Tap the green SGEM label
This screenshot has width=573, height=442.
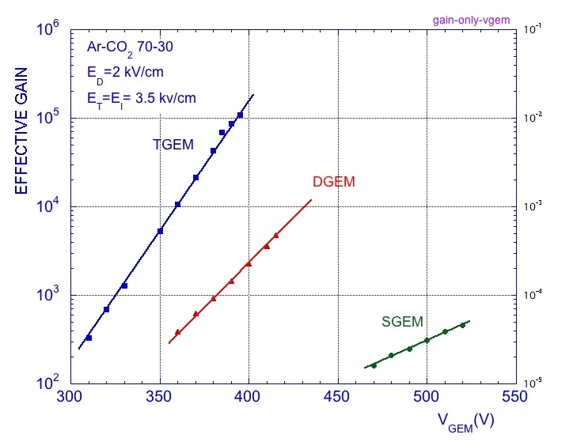click(402, 322)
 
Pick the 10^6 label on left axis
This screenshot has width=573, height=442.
click(49, 30)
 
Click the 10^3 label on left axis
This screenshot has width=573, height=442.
click(49, 296)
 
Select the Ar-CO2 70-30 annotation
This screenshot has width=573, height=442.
click(130, 47)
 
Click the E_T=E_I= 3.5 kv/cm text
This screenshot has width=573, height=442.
click(142, 99)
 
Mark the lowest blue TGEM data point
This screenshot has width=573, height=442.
click(89, 338)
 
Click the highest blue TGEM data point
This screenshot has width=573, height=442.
click(240, 115)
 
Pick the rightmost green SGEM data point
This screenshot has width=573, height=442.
click(462, 325)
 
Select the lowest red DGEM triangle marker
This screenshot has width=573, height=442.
click(177, 332)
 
